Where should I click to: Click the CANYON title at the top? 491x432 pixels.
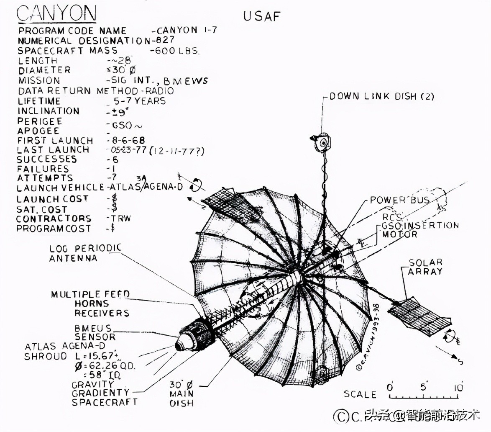tap(56, 13)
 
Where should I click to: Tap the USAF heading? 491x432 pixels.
tap(262, 17)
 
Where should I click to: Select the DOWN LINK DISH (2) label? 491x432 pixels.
tap(382, 96)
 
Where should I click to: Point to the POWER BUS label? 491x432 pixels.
tap(399, 200)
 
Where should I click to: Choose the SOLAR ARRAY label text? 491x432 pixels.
tap(425, 267)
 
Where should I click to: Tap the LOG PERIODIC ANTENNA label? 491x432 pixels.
tap(85, 253)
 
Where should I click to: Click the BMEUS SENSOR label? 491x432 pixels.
tap(94, 332)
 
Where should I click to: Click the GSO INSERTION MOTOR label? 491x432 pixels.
tap(418, 230)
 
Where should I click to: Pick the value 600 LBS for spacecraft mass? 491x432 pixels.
tap(175, 51)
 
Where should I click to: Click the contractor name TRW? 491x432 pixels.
tap(122, 219)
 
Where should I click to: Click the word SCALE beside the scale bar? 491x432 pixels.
tap(360, 394)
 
